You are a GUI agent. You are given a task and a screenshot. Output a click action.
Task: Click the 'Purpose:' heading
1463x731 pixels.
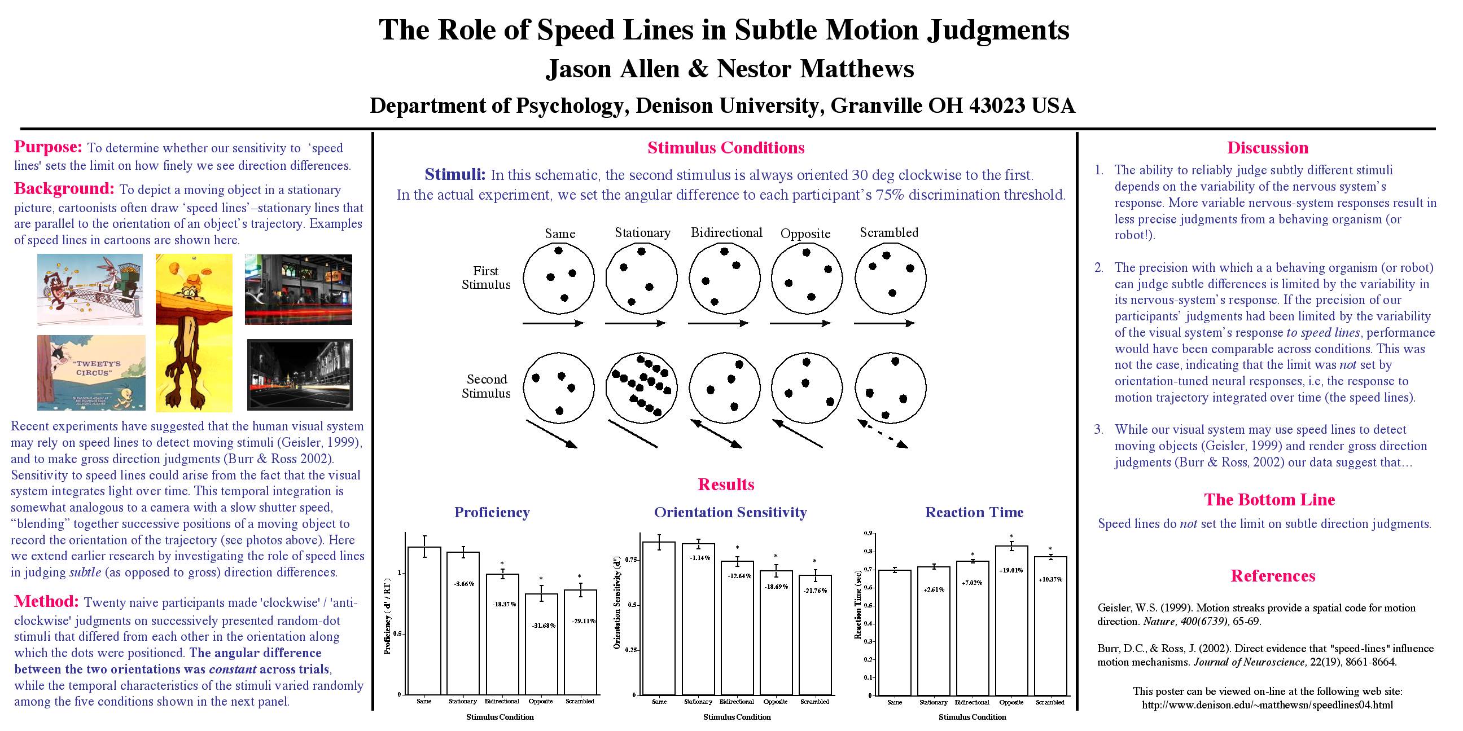coord(49,147)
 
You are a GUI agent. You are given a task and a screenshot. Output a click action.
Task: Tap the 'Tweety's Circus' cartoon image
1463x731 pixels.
coord(91,372)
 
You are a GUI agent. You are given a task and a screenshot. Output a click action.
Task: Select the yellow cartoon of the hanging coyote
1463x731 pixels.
coord(194,333)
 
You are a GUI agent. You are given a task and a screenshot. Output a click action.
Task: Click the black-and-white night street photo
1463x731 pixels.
coord(300,375)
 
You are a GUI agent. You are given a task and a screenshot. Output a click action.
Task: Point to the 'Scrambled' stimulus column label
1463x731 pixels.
coord(889,232)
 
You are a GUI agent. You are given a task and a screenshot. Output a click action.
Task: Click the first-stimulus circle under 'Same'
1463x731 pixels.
coord(559,278)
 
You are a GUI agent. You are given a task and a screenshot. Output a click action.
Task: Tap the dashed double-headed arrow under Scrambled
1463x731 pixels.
coord(883,434)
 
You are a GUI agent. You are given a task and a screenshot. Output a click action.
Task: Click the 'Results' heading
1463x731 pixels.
coord(726,484)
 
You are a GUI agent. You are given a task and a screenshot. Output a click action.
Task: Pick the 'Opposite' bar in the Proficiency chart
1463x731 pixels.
coord(541,644)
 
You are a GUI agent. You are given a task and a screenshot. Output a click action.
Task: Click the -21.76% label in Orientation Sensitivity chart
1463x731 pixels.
coord(815,591)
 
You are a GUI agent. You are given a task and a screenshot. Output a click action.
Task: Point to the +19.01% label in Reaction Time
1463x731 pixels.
coord(1011,570)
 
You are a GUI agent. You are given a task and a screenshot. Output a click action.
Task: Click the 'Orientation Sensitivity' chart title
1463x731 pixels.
coord(730,512)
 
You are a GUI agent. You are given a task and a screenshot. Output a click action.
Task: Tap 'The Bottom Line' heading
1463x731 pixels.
coord(1269,499)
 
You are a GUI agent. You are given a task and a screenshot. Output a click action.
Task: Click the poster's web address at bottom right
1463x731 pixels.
coord(1267,705)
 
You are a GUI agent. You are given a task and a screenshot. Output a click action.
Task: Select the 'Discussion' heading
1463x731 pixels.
coord(1268,148)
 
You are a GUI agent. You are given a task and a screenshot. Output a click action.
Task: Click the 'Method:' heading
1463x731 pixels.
coord(47,601)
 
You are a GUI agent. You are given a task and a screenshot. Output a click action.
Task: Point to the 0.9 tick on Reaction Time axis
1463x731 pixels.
coord(867,534)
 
